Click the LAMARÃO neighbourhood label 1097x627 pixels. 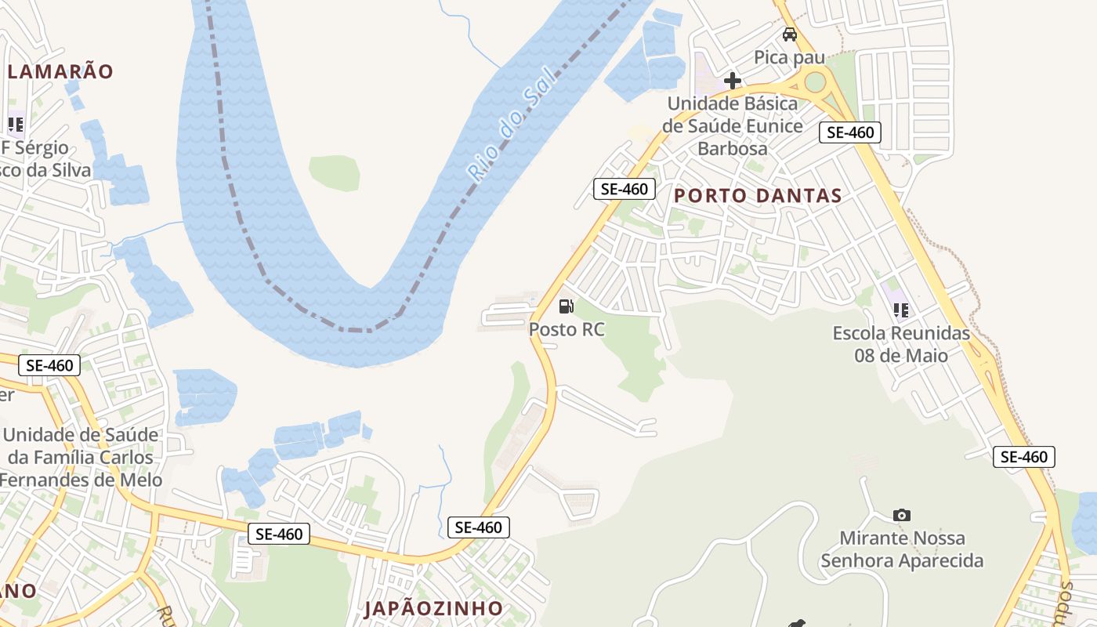[60, 71]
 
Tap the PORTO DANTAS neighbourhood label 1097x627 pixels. [758, 196]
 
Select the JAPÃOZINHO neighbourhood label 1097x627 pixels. [433, 608]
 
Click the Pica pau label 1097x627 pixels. [790, 57]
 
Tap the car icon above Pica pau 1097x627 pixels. [790, 34]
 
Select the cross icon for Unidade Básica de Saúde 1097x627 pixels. [733, 81]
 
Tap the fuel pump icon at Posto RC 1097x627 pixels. [567, 306]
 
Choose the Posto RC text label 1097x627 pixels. [567, 329]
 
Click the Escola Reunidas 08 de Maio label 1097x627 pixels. [901, 344]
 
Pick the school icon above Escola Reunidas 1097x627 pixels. [901, 310]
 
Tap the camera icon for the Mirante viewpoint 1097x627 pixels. [902, 515]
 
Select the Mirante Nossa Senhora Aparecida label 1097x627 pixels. [901, 549]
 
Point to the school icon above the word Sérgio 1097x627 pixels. [16, 124]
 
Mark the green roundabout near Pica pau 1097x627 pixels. [815, 81]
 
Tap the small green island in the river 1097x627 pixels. [335, 172]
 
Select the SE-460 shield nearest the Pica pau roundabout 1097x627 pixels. [850, 132]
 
